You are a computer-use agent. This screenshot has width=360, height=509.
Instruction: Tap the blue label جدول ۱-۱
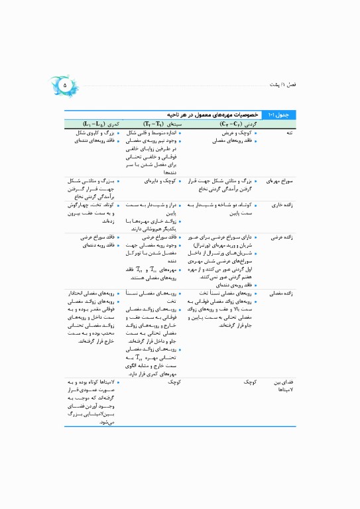click(271, 115)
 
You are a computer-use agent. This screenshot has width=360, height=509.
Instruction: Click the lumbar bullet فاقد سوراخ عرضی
click(95, 237)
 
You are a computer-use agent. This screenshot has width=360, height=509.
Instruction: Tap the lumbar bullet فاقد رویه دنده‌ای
click(95, 245)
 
